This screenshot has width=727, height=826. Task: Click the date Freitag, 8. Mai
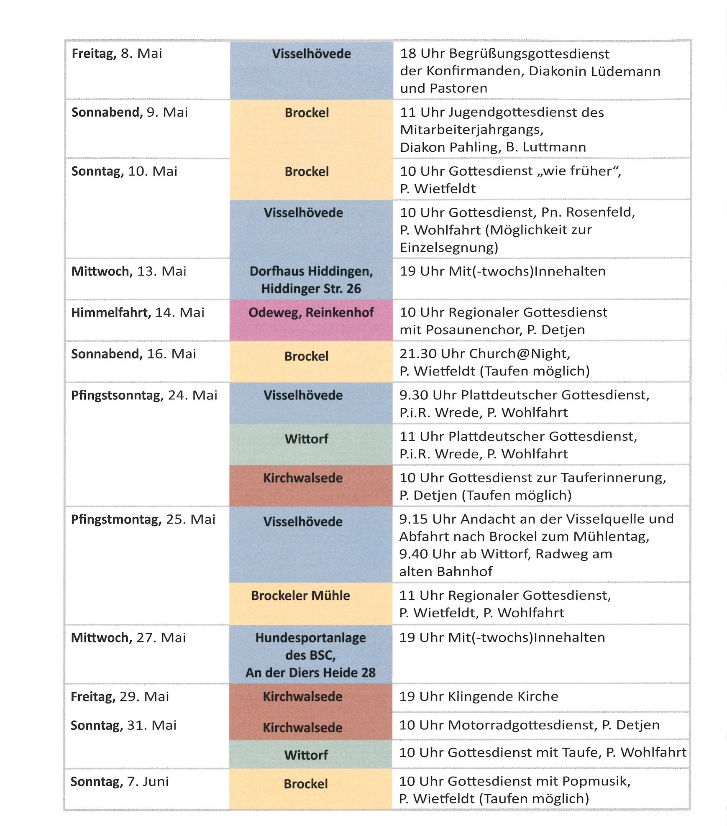coord(117,54)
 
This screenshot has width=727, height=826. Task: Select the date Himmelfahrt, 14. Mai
coord(138,313)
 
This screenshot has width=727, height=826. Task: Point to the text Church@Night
coord(519,354)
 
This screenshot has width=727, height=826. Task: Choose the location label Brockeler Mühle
coord(300,596)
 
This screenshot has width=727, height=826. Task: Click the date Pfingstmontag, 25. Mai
coord(143,519)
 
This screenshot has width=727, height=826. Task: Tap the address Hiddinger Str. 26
coord(311,289)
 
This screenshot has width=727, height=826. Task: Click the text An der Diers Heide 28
coord(310,673)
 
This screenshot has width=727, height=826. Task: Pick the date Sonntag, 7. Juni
coord(119,781)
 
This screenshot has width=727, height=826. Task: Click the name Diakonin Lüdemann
coord(594,71)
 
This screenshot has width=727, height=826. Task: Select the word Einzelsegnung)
coord(449,248)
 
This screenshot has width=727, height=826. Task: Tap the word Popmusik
coord(596,781)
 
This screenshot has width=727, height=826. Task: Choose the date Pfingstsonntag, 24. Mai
coord(144,395)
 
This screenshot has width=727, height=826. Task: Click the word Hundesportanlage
coord(310,638)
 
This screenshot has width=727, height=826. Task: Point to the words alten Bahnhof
coord(445,571)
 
